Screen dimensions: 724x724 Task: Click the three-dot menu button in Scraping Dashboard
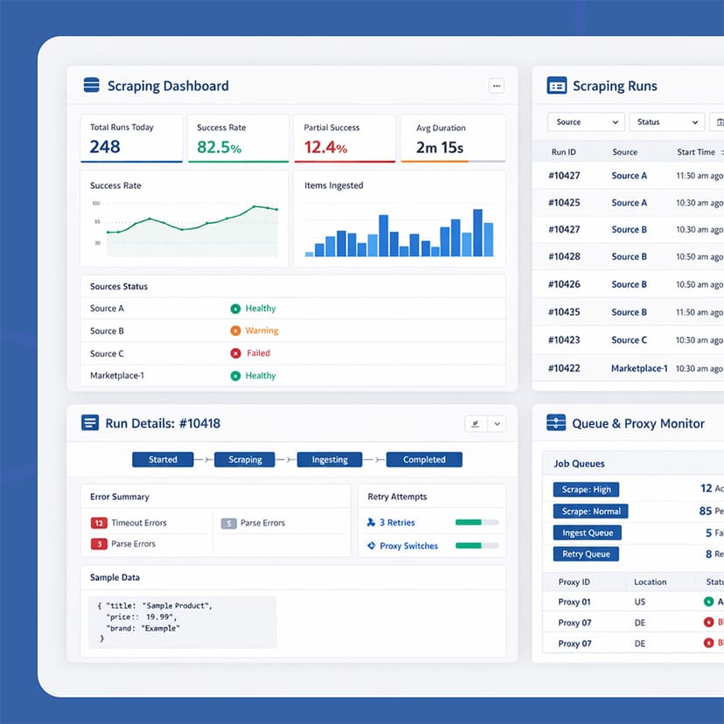point(496,86)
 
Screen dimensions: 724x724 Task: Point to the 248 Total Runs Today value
point(105,147)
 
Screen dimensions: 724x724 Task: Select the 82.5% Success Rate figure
point(219,147)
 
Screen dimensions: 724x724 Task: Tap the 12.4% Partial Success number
point(325,147)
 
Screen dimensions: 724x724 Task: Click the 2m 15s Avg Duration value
point(439,147)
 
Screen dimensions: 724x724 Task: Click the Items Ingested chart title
point(333,185)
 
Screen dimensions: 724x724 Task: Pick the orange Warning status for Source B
point(261,331)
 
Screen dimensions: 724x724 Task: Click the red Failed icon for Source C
point(235,353)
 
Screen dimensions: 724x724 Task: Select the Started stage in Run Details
point(163,459)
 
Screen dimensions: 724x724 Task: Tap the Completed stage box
point(424,459)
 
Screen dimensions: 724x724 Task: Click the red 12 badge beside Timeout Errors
point(99,523)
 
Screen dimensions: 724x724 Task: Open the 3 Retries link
point(396,522)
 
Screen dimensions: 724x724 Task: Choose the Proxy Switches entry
point(408,546)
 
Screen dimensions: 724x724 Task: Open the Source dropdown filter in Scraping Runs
point(585,122)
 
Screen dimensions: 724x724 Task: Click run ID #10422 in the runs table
point(564,368)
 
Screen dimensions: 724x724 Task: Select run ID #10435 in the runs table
point(564,312)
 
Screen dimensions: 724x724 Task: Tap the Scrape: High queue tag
point(586,490)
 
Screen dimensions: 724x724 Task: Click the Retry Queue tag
point(585,553)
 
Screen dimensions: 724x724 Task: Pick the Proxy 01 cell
point(574,602)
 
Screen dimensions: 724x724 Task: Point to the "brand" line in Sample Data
point(143,628)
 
